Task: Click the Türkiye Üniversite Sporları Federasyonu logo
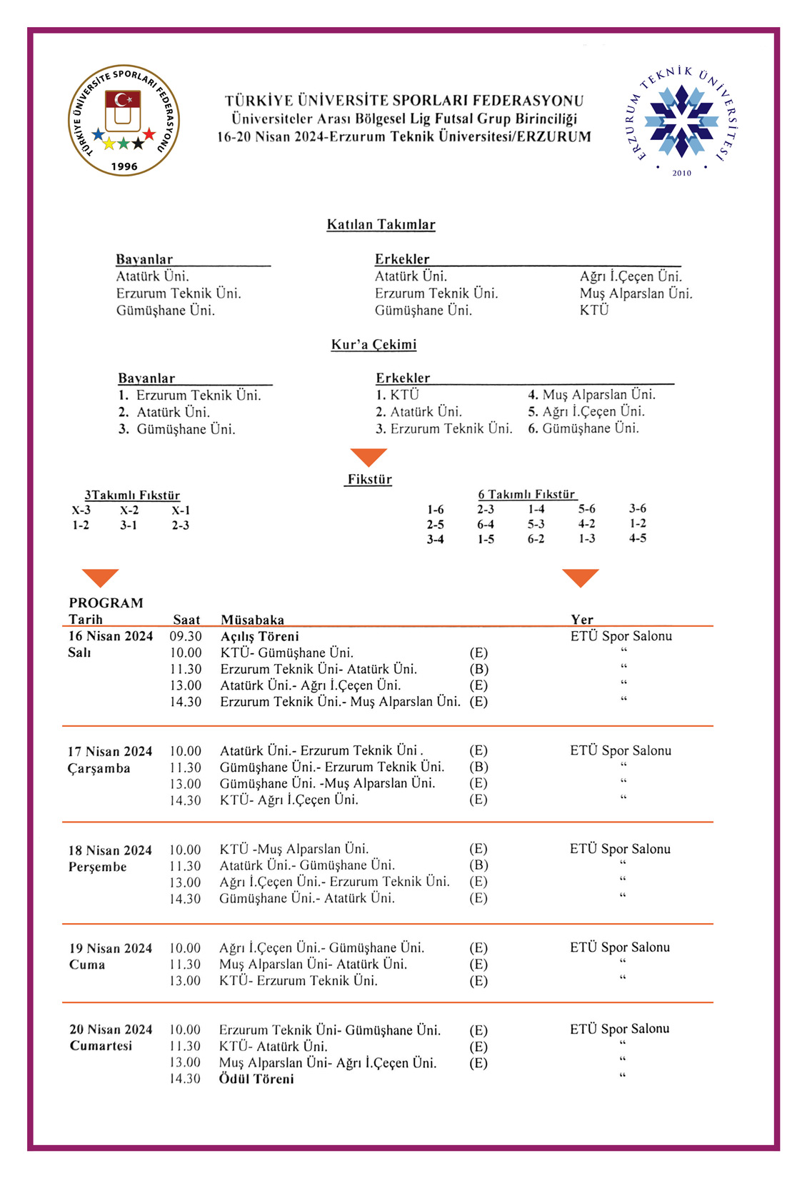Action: pos(124,120)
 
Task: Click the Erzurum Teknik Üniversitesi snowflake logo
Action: pos(681,121)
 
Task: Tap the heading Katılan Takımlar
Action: pos(381,225)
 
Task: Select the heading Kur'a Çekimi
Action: pos(374,345)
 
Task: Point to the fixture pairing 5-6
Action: pos(586,509)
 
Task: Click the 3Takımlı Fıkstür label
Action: pos(132,495)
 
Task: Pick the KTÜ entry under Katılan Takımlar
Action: pos(594,311)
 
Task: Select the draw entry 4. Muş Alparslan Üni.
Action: pos(591,395)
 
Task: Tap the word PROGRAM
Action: pos(106,603)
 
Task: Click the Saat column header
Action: pos(186,620)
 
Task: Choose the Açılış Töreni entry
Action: pos(259,636)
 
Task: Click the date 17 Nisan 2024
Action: pos(110,751)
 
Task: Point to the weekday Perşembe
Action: pos(98,867)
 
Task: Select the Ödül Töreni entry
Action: pos(256,1079)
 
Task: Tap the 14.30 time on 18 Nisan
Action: pos(185,899)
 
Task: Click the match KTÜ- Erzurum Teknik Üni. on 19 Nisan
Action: pos(299,981)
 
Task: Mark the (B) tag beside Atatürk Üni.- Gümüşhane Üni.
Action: pos(478,866)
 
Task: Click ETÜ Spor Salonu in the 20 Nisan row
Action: pos(620,1029)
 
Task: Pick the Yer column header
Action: pos(582,620)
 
